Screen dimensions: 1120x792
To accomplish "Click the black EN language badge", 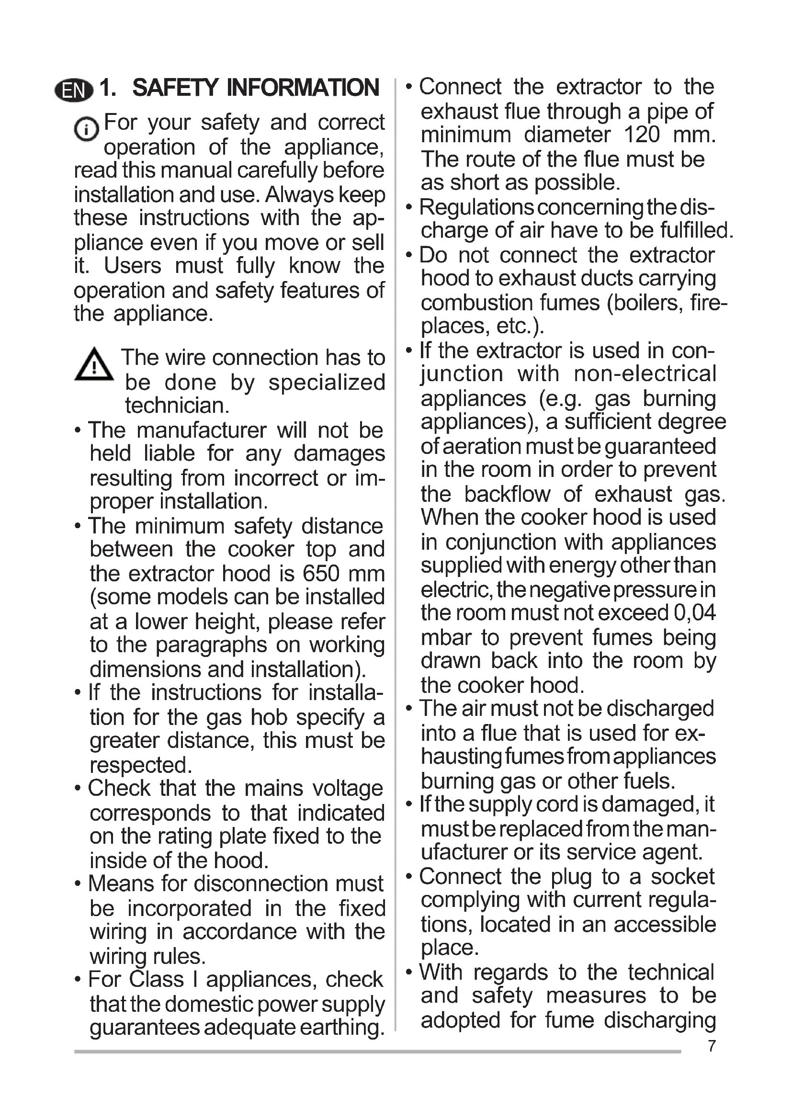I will click(x=74, y=90).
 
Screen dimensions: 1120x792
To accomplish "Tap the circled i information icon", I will click(x=86, y=130).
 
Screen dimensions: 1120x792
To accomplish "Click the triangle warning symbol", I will click(x=94, y=365).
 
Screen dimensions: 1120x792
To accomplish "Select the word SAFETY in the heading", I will click(x=176, y=88).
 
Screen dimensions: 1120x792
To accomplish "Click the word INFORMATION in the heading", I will click(x=302, y=88).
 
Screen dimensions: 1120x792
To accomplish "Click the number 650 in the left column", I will click(x=320, y=574).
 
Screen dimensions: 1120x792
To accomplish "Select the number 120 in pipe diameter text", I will click(x=642, y=135).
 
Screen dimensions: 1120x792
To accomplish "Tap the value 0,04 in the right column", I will click(x=694, y=613).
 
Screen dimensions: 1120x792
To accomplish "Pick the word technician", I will click(x=177, y=406).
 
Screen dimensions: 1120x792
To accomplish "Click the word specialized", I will click(x=327, y=383).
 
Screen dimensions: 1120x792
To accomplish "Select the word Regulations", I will click(x=476, y=207).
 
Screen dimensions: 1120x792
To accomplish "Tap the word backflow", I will click(x=507, y=494).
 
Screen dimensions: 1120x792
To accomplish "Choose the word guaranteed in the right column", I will click(x=660, y=446).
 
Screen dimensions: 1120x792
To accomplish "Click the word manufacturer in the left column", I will click(x=202, y=430).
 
